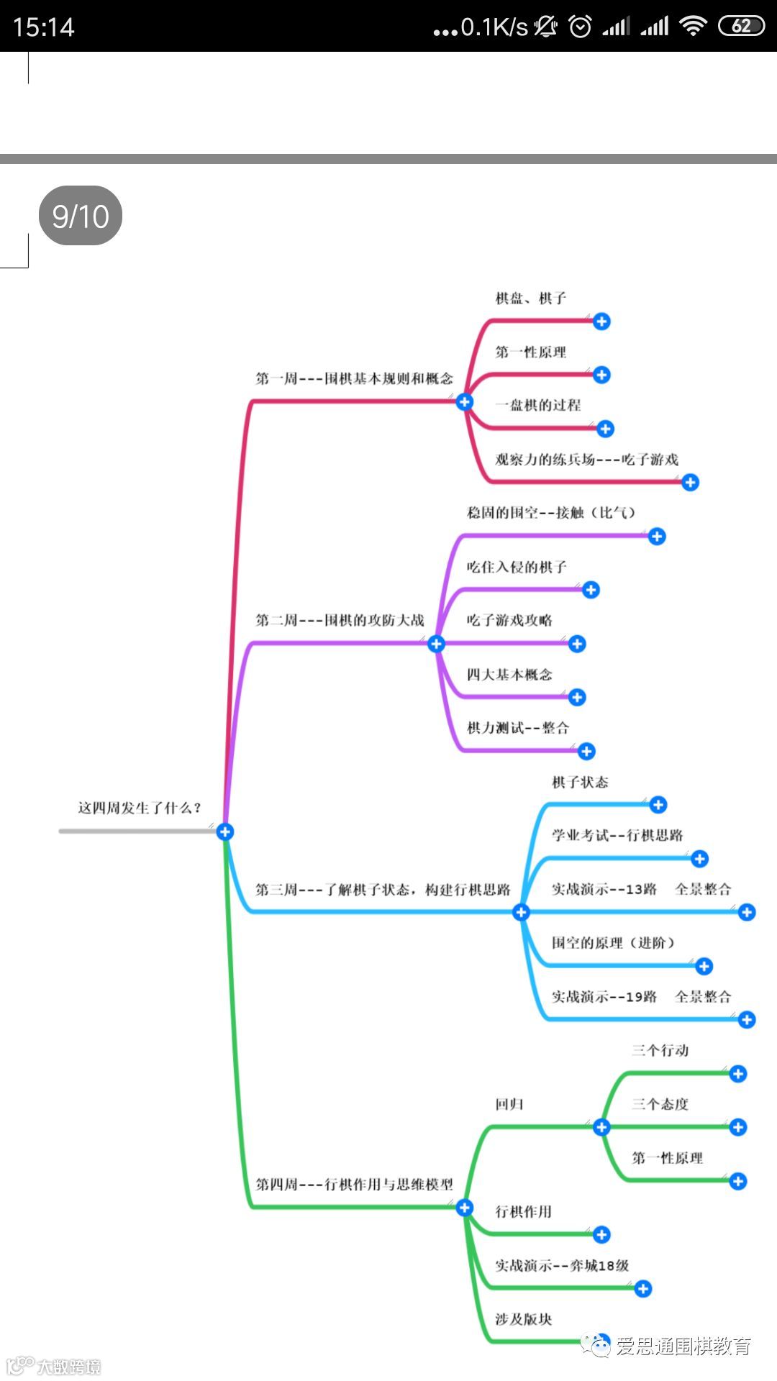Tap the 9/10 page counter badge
tap(80, 216)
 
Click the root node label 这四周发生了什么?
tap(140, 808)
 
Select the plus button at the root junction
tap(225, 831)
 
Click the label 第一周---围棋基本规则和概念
tap(354, 378)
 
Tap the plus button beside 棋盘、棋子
tap(601, 321)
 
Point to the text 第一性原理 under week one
tap(530, 352)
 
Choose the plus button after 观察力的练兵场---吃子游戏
tap(690, 482)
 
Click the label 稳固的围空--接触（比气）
tap(551, 513)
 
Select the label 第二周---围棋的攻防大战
tap(340, 620)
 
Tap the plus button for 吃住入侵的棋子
tap(591, 590)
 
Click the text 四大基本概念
tap(509, 674)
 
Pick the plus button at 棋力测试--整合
tap(586, 751)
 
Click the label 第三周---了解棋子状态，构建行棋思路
tap(383, 890)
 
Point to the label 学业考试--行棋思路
tap(617, 835)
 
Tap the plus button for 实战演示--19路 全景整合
tap(747, 1019)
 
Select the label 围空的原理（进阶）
tap(613, 943)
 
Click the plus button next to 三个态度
tap(737, 1127)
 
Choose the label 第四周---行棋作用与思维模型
tap(354, 1184)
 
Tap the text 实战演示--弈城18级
tap(562, 1265)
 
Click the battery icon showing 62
tap(741, 27)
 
